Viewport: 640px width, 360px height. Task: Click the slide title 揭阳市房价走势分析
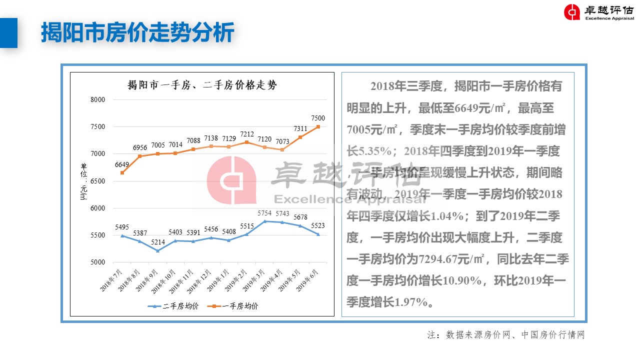click(x=137, y=33)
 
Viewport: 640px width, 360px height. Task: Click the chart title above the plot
click(x=202, y=85)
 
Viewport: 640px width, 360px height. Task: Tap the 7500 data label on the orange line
click(x=318, y=118)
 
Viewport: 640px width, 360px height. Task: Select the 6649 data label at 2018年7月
click(x=122, y=164)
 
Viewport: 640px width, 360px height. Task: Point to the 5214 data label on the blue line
click(x=158, y=243)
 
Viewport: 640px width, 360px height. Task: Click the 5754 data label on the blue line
click(x=264, y=213)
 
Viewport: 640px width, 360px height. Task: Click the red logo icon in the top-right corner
click(x=572, y=12)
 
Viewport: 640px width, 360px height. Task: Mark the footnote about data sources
click(x=505, y=334)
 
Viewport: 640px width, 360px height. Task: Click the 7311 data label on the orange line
click(x=300, y=129)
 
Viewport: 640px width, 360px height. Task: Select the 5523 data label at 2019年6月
click(x=318, y=226)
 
